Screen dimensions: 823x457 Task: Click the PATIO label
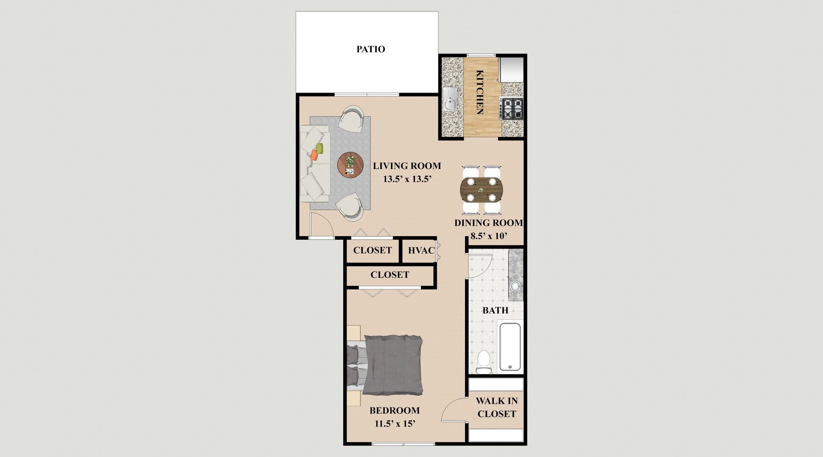tap(371, 49)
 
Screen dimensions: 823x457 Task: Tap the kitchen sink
tap(450, 99)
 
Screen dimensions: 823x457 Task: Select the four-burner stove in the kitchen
tap(512, 108)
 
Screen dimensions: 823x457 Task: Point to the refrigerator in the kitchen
tap(511, 70)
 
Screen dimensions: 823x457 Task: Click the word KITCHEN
tap(480, 92)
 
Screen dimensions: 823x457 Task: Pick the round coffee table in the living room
tap(350, 164)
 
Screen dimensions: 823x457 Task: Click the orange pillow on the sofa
tap(314, 156)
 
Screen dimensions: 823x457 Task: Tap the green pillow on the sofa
tap(319, 149)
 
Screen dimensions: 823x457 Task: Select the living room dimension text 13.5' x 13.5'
tap(406, 180)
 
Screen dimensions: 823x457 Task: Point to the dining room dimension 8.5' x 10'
tap(489, 235)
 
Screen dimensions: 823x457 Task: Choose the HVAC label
tap(421, 250)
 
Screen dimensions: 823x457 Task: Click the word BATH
tap(496, 310)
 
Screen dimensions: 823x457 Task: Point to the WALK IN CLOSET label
tap(497, 407)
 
